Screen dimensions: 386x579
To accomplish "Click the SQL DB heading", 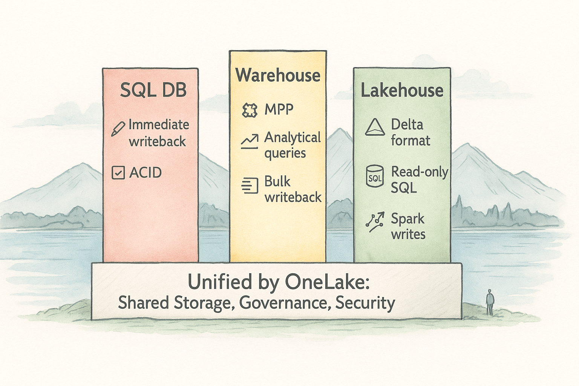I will (x=153, y=90).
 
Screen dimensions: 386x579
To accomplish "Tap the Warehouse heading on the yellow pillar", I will (x=278, y=75).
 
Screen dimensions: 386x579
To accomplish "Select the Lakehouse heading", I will (x=402, y=91).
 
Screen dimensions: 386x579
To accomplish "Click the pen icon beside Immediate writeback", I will (x=118, y=129).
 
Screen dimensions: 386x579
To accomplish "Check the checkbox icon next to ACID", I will (x=118, y=173).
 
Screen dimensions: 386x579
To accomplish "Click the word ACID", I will (x=146, y=173).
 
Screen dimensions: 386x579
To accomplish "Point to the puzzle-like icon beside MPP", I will (x=249, y=110).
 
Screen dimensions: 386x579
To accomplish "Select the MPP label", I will (x=279, y=109).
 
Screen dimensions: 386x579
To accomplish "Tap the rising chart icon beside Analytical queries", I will (x=249, y=141).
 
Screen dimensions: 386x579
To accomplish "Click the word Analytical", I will (x=293, y=138).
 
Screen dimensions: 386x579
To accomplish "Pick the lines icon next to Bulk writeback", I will (x=250, y=185).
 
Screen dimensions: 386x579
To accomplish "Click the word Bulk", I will (x=277, y=181).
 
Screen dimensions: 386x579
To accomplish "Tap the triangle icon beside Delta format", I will (x=375, y=127).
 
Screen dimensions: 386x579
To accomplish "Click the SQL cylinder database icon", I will (x=375, y=176).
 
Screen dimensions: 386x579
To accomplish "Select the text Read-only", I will (x=420, y=172).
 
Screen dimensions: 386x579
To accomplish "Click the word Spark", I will (x=407, y=219).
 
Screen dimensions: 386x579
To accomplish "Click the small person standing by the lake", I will (x=490, y=302).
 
